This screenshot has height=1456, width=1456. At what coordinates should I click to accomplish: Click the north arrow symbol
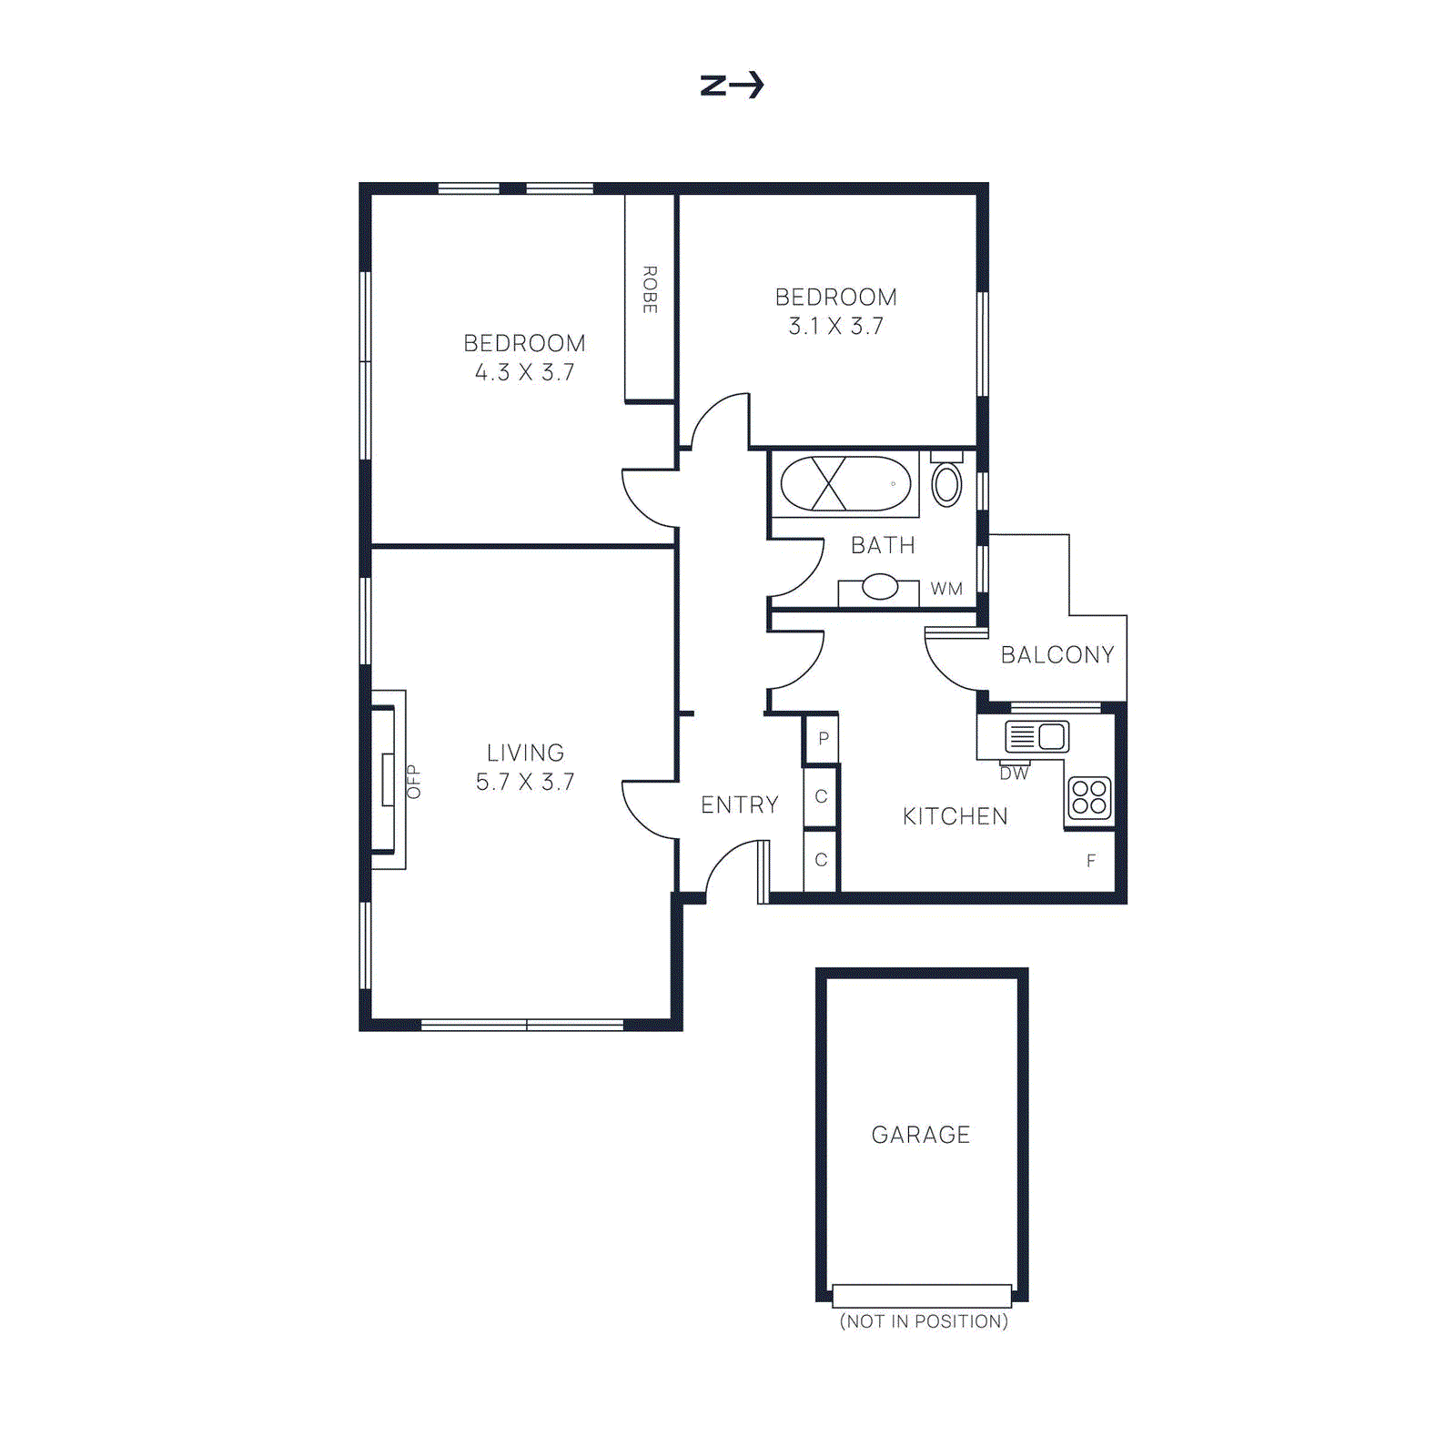732,86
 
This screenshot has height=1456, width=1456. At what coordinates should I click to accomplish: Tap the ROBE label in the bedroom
650,290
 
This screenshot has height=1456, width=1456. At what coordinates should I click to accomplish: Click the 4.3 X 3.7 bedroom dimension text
524,372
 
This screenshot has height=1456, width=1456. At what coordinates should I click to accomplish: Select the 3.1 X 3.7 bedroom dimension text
835,326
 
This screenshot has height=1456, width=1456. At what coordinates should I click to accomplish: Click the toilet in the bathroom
946,483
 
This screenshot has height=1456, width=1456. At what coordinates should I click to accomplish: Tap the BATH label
883,545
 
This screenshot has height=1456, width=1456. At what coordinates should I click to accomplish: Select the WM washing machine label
946,589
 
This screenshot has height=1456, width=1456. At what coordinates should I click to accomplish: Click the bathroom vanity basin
879,587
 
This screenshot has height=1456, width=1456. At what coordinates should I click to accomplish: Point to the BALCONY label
1057,654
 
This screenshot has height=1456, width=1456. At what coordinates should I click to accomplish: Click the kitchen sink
1036,735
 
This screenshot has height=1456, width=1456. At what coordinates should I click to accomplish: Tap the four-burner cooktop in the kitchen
1089,798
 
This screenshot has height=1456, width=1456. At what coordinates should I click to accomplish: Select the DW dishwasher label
1014,773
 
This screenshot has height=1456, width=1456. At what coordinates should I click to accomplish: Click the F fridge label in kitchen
1090,861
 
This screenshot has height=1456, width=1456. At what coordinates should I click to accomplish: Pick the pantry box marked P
823,738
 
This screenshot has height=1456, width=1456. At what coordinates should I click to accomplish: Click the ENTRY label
739,804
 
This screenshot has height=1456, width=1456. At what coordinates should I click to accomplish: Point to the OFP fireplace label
413,781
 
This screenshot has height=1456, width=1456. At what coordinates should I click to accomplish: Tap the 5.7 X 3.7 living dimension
525,782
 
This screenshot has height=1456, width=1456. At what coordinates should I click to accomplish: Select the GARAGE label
920,1135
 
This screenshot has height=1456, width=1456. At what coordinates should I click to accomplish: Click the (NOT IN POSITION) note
923,1321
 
